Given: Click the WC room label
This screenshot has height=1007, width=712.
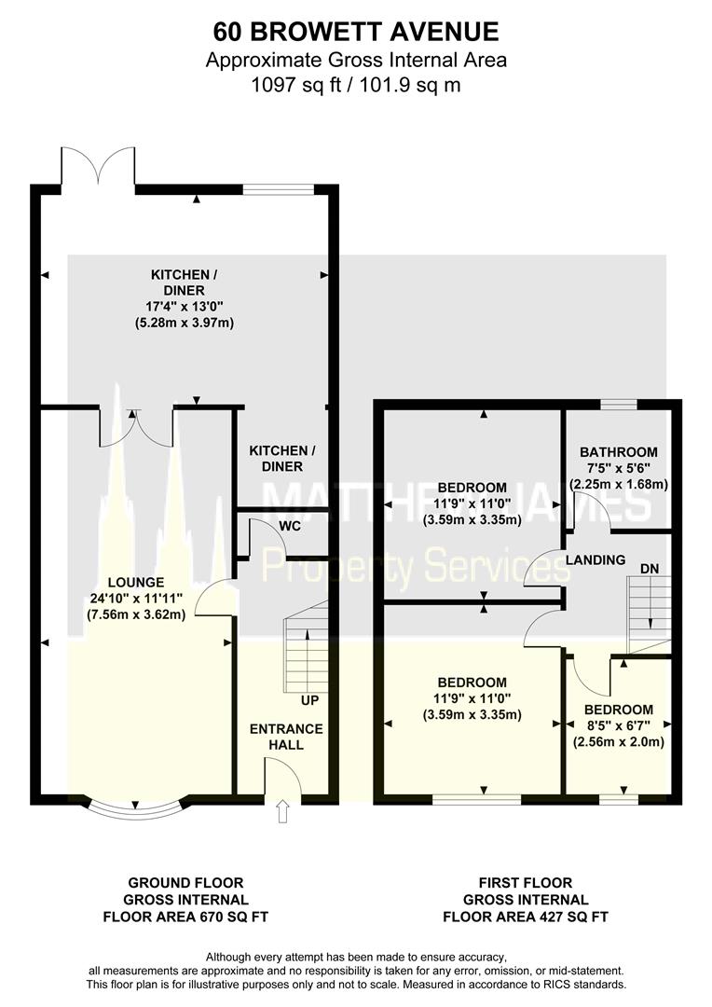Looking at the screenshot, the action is (290, 527).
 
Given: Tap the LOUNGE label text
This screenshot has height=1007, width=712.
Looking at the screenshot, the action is (136, 583).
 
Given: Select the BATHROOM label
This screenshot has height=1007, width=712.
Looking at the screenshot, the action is (618, 452).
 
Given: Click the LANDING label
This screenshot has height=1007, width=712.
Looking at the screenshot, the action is (596, 560).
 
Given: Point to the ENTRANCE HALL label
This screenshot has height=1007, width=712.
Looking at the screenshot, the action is (286, 738).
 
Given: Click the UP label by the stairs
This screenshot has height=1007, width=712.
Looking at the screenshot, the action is (309, 700).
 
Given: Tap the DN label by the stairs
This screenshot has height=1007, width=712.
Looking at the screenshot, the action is (649, 569).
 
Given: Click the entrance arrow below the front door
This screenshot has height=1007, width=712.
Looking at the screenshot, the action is (282, 811).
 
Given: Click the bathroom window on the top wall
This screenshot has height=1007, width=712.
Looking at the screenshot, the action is (618, 404).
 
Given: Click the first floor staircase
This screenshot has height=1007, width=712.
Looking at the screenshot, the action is (649, 614).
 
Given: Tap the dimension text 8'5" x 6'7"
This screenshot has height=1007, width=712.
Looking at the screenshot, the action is (617, 725).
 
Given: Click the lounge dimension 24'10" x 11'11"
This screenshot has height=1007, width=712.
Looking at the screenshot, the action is (136, 599).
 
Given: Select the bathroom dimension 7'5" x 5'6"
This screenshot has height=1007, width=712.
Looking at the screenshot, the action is (618, 468).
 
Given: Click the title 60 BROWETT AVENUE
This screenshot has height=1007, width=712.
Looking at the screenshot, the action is (356, 32).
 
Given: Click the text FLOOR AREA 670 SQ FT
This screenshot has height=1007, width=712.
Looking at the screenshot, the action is (185, 917).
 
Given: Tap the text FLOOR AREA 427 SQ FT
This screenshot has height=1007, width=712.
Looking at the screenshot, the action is (526, 917).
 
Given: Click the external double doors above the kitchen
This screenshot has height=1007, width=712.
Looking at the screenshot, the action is (98, 168).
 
